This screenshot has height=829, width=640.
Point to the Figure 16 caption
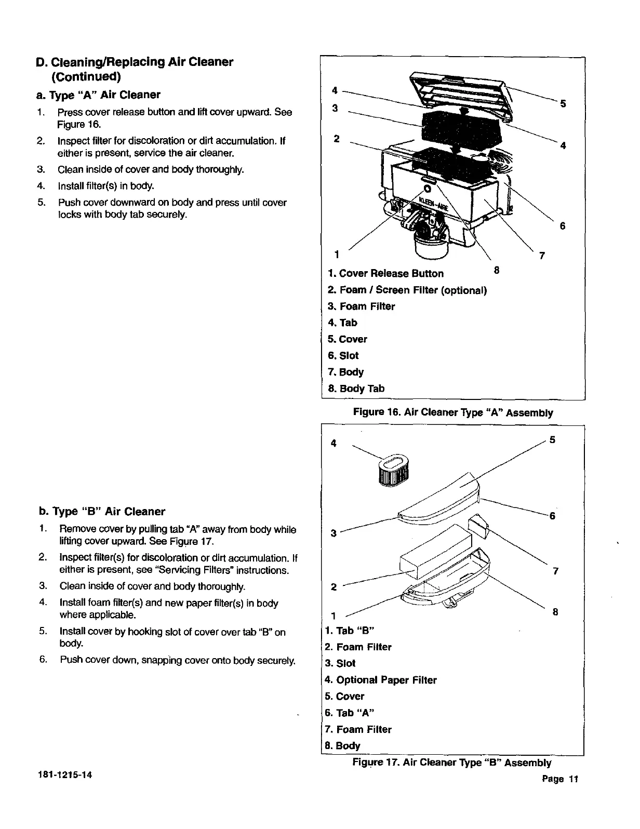pos(452,413)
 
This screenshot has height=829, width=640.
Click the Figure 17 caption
pos(451,763)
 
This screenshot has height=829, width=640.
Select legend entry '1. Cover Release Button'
pos(386,274)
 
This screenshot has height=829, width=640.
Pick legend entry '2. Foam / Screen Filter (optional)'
pos(407,290)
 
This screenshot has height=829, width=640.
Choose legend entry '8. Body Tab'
pos(356,389)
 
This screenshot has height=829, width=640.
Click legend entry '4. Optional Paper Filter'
pos(381,680)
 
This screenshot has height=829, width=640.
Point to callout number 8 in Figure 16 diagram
pos(496,270)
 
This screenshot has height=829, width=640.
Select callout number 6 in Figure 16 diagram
pos(562,226)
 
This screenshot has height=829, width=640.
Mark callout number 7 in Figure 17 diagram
pos(555,571)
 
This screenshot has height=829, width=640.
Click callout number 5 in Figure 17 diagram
pos(553,440)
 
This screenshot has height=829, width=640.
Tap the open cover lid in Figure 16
pos(460,92)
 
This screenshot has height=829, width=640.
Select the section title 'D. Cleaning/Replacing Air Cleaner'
pos(135,62)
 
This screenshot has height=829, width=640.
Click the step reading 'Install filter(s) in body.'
pos(106,186)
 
